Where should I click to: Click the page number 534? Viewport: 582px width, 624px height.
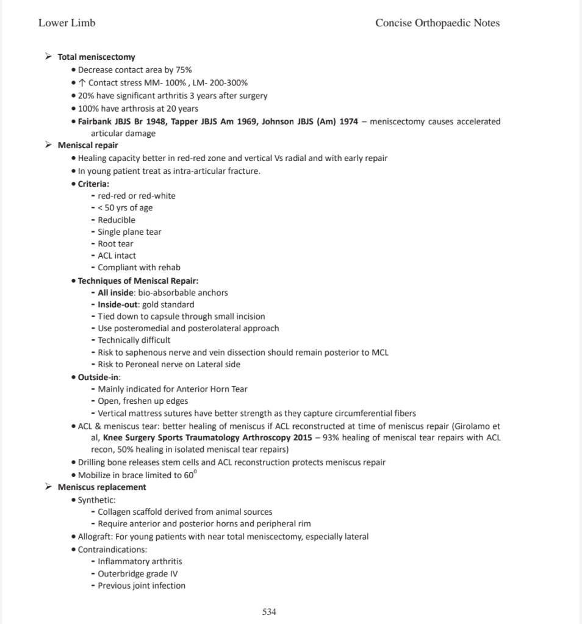269,611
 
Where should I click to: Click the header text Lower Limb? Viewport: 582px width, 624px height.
66,23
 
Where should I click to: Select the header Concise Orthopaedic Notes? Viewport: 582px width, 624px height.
437,23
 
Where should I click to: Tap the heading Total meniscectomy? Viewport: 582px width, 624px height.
96,57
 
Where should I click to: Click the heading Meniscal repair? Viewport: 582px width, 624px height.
88,145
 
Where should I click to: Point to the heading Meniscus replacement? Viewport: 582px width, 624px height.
102,487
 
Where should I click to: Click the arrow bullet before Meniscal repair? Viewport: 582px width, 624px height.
48,145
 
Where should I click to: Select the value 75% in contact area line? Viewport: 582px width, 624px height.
184,70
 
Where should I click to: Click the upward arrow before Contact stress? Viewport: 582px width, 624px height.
82,83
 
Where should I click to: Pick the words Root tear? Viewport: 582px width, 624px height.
115,243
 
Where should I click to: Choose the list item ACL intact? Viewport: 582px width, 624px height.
117,256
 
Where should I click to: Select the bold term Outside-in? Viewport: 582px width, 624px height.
98,377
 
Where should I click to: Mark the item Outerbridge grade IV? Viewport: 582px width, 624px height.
138,573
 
